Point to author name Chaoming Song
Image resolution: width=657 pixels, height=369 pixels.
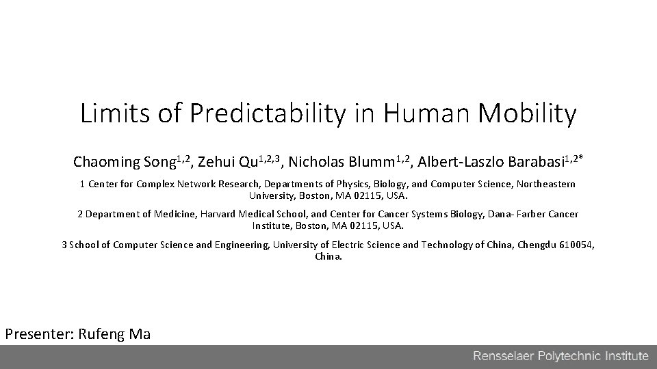pos(125,163)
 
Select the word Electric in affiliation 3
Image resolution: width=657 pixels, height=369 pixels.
pos(363,245)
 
